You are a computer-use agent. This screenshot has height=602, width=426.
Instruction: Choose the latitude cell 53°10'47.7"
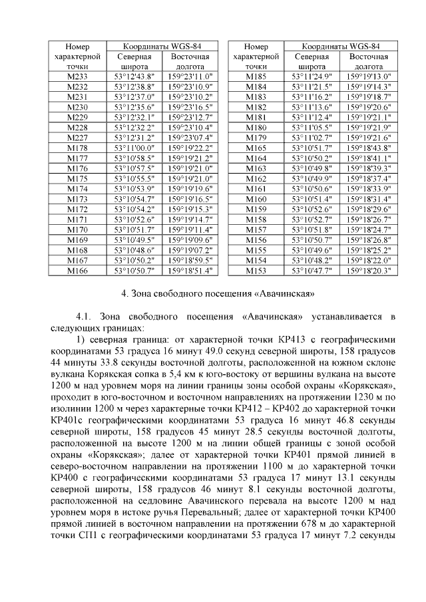click(x=312, y=271)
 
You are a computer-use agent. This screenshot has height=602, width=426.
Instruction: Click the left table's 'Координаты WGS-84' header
click(x=162, y=47)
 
